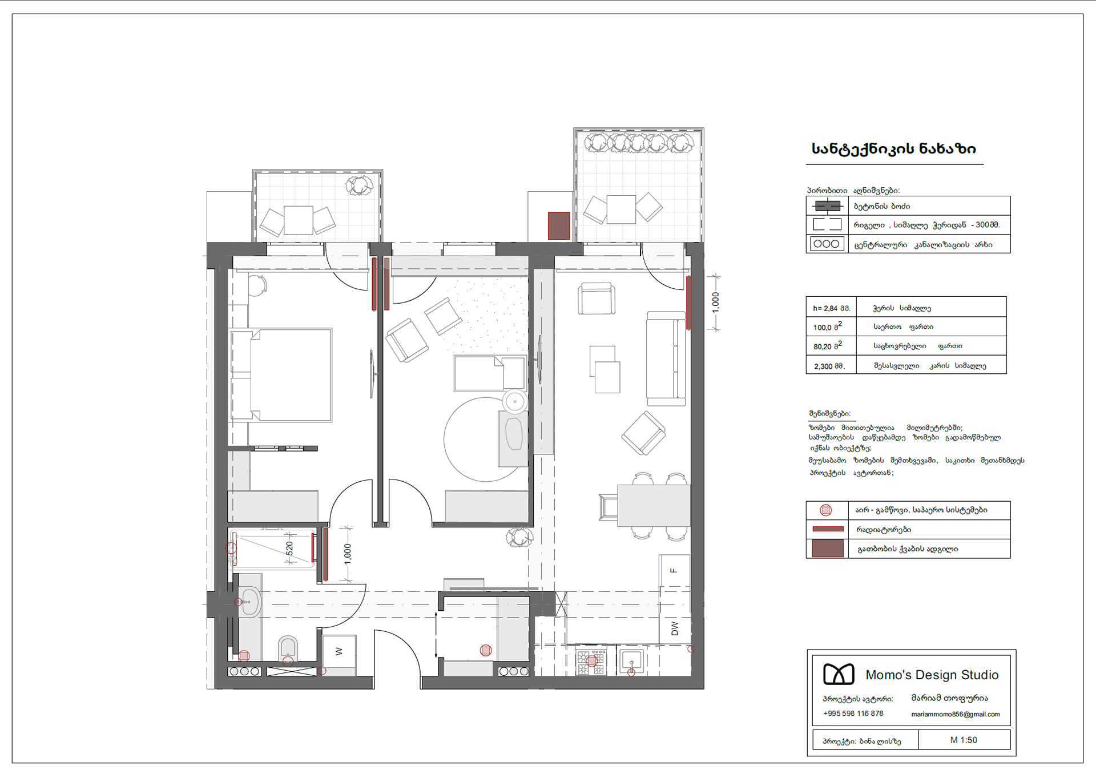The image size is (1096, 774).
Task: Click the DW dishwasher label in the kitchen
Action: [x=675, y=628]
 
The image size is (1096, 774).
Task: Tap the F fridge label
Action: [x=674, y=571]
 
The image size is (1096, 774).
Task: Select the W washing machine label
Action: [x=339, y=651]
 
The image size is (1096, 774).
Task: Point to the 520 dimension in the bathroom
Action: [x=289, y=549]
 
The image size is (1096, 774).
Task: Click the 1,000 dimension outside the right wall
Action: [x=716, y=303]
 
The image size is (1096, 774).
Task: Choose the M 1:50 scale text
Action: [x=964, y=740]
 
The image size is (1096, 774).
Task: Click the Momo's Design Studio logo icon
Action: [x=839, y=674]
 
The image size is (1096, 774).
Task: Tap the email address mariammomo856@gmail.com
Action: [x=956, y=714]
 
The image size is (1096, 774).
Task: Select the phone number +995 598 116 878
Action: [x=853, y=713]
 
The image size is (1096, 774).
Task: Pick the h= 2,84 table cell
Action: [x=832, y=308]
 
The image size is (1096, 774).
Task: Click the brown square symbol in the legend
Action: [x=828, y=549]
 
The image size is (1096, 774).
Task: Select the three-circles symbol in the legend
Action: [x=827, y=244]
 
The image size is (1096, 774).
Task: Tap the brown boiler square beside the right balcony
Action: [x=559, y=225]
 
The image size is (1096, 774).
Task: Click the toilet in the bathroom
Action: [x=288, y=648]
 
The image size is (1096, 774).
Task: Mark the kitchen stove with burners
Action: [x=591, y=662]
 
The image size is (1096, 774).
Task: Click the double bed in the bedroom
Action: [x=281, y=375]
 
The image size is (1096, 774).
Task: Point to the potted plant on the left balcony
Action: [x=360, y=185]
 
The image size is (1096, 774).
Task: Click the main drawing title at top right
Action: [x=894, y=149]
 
